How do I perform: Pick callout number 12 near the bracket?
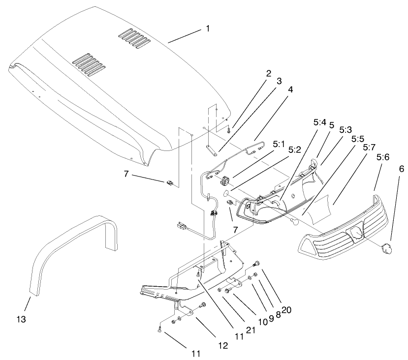click(x=223, y=346)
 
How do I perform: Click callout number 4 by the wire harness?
click(x=290, y=90)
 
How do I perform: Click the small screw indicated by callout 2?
click(x=229, y=130)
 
